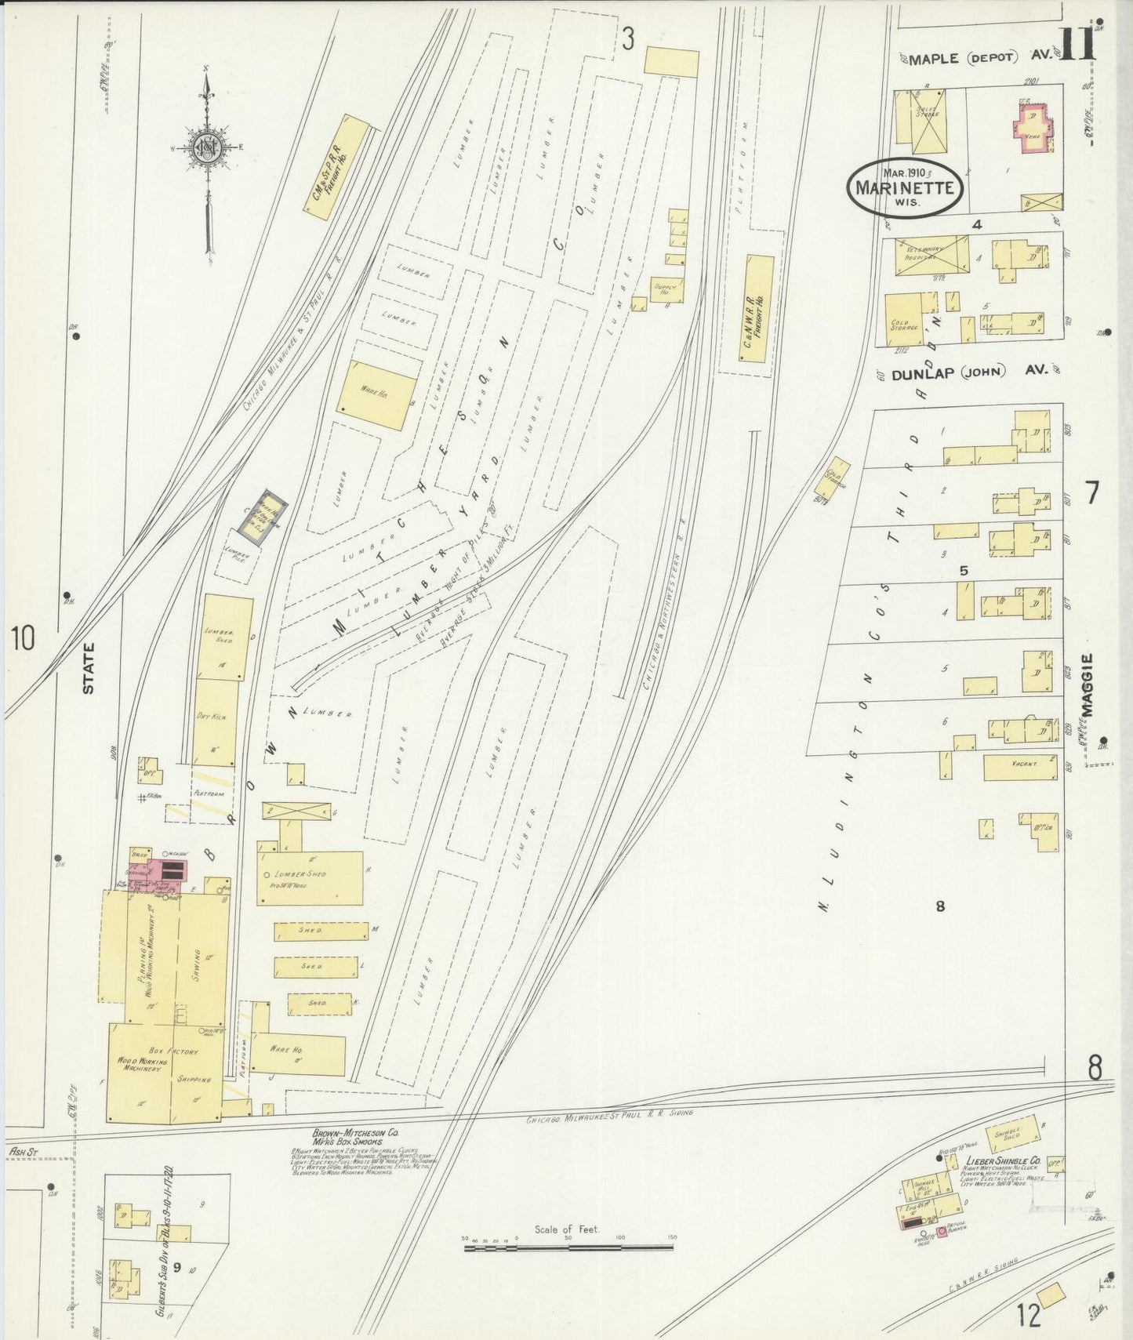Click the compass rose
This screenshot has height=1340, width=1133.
208,149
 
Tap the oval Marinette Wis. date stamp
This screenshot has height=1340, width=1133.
904,188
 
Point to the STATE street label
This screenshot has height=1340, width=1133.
89,668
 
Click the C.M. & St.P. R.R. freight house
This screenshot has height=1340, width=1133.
336,168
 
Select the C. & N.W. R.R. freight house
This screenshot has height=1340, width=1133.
757,307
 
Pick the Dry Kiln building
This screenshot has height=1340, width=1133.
215,721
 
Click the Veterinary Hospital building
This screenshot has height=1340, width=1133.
927,256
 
